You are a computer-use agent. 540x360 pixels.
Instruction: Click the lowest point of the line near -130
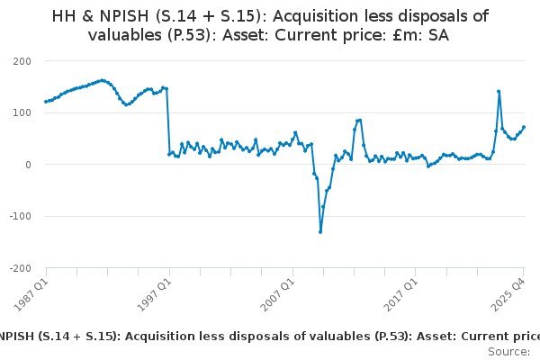pyautogui.click(x=320, y=232)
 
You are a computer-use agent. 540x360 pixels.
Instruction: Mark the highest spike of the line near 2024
pyautogui.click(x=499, y=91)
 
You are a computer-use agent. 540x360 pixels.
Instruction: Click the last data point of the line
pyautogui.click(x=524, y=127)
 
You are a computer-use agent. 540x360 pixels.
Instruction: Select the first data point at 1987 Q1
pyautogui.click(x=46, y=102)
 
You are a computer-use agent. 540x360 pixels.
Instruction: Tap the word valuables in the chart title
pyautogui.click(x=133, y=35)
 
